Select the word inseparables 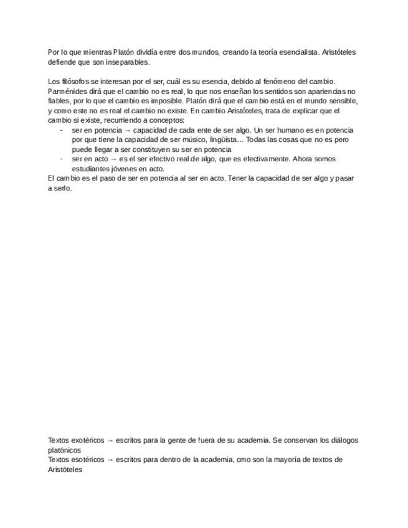(128, 62)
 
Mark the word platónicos (65, 450)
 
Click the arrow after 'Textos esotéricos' (110, 460)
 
